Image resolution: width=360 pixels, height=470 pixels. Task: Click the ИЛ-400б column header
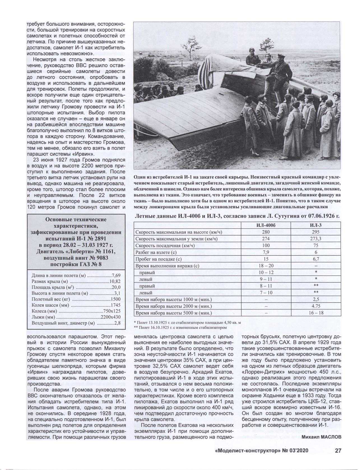tap(266, 225)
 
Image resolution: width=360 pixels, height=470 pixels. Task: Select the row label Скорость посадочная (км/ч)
tap(165, 246)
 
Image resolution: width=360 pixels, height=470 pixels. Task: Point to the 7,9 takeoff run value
tap(266, 252)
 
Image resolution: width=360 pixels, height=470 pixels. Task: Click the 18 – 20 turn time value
tap(266, 266)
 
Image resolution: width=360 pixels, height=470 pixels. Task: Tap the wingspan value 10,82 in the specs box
tap(115, 281)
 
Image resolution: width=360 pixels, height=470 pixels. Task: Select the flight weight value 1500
tap(115, 299)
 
